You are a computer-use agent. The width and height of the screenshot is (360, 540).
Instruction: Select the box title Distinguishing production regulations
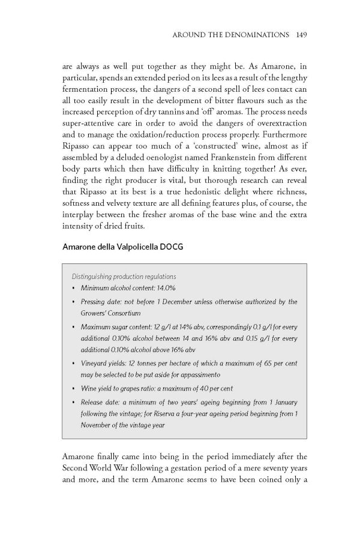point(124,277)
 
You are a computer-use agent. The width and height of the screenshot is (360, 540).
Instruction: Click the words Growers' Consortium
point(109,313)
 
